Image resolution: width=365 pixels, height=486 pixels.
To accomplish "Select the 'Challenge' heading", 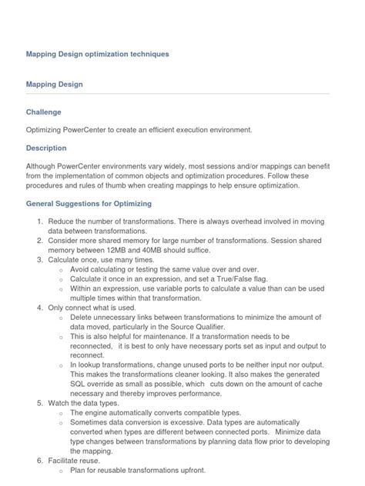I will [43, 112].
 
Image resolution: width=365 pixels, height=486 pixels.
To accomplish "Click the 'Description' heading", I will [46, 148].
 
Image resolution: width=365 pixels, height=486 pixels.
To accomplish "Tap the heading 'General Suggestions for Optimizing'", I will [89, 204].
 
